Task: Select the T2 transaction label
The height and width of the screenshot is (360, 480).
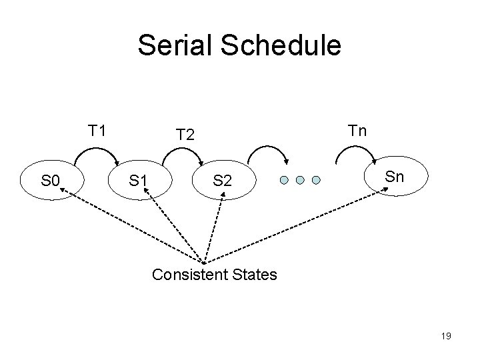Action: [x=185, y=135]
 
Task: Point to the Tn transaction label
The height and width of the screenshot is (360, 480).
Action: [x=357, y=129]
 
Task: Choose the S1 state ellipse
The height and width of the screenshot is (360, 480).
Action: [x=139, y=180]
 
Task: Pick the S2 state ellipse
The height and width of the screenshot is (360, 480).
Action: [x=222, y=180]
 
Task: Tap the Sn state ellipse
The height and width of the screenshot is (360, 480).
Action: [x=395, y=176]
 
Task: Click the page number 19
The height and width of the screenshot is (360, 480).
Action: [x=446, y=336]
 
